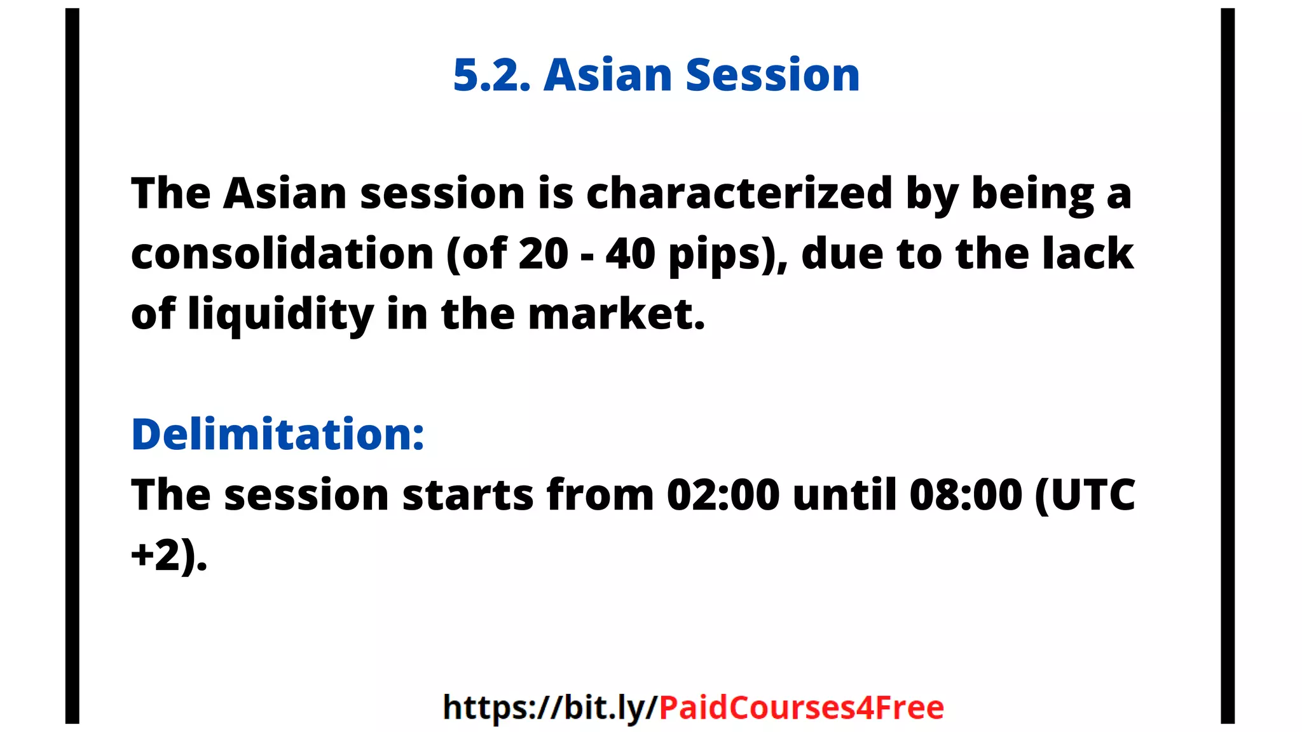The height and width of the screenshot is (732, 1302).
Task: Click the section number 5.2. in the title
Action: [x=491, y=76]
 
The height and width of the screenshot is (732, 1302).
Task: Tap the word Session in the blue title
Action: [x=772, y=76]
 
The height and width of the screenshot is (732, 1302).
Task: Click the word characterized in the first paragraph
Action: [x=739, y=193]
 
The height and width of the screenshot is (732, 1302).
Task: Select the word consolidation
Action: [x=282, y=254]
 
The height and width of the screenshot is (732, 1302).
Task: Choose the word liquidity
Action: [x=280, y=315]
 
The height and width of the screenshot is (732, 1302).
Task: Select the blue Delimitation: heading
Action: [x=278, y=435]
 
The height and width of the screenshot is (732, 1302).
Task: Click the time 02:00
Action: [x=723, y=495]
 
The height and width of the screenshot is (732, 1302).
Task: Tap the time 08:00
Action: [x=966, y=495]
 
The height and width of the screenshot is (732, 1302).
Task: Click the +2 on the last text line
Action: [x=156, y=555]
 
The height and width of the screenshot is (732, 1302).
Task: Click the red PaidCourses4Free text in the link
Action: [x=801, y=708]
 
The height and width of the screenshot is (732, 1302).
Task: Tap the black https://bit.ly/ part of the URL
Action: [x=550, y=708]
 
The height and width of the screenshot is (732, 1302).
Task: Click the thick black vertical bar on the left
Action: [x=72, y=366]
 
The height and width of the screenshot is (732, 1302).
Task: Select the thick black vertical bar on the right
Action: [x=1228, y=366]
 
